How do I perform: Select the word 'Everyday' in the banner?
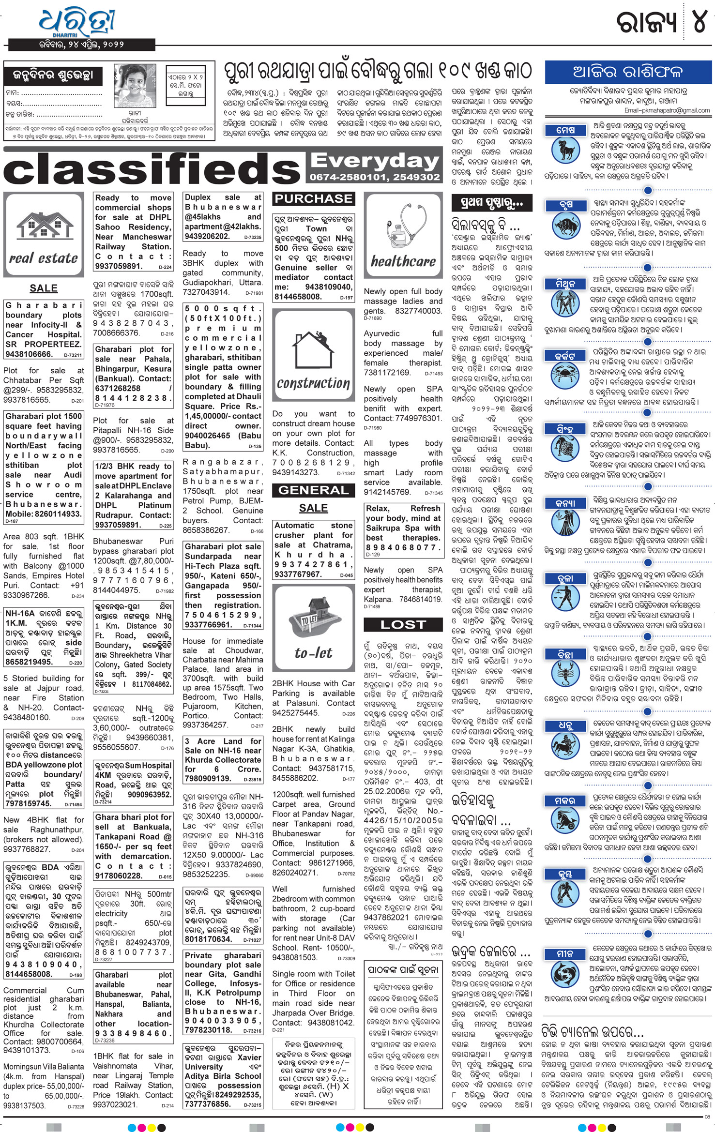375,160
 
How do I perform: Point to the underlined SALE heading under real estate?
44,288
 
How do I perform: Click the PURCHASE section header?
313,198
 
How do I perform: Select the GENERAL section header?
313,490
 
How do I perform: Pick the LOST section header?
403,625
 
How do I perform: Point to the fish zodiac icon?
565,970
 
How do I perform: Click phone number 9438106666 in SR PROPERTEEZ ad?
29,354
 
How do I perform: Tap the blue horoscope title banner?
628,72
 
